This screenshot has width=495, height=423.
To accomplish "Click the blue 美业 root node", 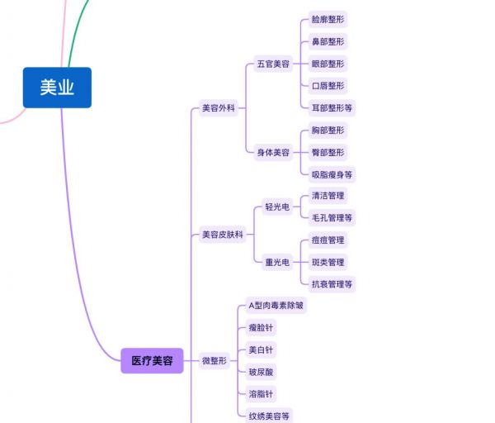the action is coord(57,88).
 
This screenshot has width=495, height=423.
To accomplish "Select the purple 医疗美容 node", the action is coord(152,361).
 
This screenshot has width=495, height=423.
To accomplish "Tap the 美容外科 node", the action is coord(219,108).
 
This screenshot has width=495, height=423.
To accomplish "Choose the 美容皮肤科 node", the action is coord(223,235).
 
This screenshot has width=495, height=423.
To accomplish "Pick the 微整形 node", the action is coord(214,361).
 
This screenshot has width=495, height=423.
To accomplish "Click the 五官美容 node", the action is coord(273,64).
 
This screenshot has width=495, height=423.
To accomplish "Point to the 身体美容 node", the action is coord(273,152).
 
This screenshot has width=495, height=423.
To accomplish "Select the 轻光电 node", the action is coord(277,207).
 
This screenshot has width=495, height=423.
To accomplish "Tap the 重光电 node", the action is coord(277,262).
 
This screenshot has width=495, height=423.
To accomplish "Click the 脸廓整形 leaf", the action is coord(328,19).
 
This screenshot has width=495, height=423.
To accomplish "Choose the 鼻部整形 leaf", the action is coord(328,41).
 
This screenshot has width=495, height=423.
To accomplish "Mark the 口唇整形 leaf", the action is coord(328,86).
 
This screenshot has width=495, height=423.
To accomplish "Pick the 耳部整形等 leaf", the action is coord(332,108).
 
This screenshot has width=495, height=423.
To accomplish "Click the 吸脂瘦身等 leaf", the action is coord(332,174).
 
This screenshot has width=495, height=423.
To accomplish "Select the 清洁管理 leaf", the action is coord(328,196).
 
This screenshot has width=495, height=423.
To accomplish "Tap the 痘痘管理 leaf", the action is coord(328,240).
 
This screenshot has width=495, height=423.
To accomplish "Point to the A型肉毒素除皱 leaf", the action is coord(276,306).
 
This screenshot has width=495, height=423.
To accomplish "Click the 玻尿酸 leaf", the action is coord(261,372).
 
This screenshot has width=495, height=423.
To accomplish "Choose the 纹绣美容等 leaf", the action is coord(269,416).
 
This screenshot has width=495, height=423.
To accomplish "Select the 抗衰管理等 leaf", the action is coord(332,284).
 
